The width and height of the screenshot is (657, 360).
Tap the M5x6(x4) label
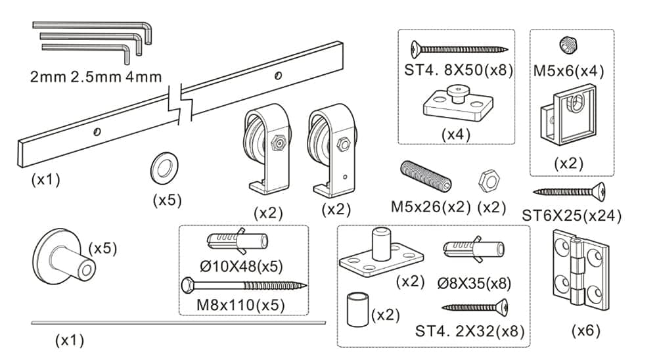[x=569, y=70]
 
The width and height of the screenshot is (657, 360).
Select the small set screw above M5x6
[x=569, y=45]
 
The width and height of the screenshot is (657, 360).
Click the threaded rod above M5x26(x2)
[x=426, y=175]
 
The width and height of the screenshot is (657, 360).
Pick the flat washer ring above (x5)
[x=161, y=168]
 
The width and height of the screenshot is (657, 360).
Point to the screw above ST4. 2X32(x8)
[x=476, y=306]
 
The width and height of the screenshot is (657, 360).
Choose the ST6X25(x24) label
[x=572, y=215]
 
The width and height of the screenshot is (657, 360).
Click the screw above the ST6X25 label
[x=569, y=192]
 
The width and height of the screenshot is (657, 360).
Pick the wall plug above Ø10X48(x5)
[x=237, y=243]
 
